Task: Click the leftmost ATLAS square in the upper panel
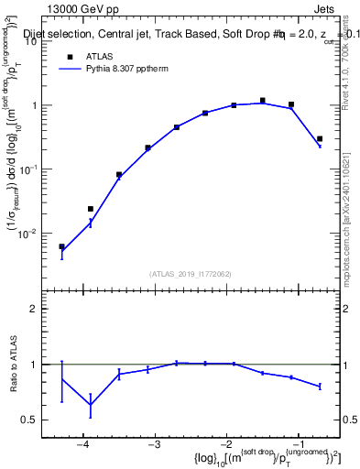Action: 62,246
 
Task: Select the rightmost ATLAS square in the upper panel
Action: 320,139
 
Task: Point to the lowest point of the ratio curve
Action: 91,405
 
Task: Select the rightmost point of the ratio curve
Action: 320,387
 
